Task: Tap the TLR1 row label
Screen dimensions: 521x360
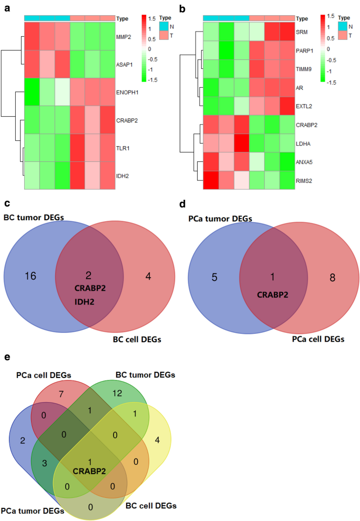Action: click(123, 149)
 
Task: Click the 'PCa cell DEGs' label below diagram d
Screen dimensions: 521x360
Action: click(317, 340)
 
